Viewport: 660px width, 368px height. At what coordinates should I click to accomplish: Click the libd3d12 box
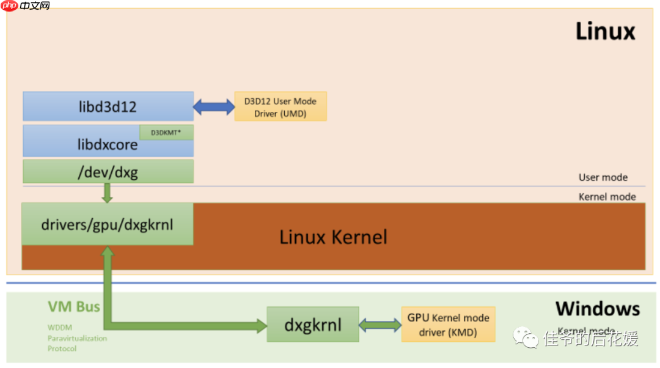click(x=108, y=106)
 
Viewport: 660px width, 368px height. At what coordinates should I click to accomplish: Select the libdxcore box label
click(x=107, y=145)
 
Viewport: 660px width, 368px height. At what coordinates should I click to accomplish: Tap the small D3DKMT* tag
click(x=166, y=132)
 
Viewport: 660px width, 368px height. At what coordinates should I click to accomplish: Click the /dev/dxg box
click(x=108, y=172)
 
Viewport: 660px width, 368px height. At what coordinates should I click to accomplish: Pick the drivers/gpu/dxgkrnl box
click(x=108, y=224)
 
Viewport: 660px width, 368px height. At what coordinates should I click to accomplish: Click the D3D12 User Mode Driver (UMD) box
click(x=280, y=106)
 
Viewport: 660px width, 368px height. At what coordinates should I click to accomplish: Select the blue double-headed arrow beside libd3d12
click(x=214, y=107)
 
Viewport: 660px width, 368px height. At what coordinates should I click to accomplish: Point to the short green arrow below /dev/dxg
click(x=108, y=193)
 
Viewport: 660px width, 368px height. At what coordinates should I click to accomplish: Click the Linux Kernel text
click(x=333, y=237)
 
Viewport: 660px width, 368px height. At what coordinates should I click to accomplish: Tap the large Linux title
click(x=605, y=31)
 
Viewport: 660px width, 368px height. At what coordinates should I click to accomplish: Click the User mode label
click(x=603, y=177)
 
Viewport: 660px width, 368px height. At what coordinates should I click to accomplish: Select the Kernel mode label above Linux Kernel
click(x=607, y=197)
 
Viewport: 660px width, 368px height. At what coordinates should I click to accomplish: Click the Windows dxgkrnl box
click(x=313, y=325)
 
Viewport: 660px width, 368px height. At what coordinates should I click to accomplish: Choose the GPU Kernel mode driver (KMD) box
click(x=448, y=325)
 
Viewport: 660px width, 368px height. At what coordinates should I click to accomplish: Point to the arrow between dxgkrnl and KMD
click(x=380, y=325)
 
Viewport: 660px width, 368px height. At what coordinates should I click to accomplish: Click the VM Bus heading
click(x=74, y=306)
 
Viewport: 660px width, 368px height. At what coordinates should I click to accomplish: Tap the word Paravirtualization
click(x=77, y=338)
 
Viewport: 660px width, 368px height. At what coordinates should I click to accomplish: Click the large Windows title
click(x=597, y=308)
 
